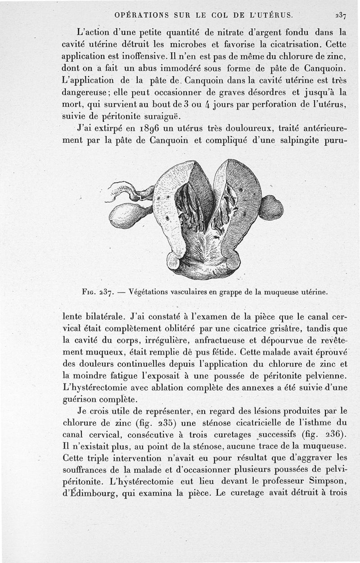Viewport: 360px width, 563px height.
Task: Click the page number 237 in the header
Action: (340, 15)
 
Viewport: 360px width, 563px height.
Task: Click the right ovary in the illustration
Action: (271, 208)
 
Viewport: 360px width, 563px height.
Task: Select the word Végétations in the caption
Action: (148, 291)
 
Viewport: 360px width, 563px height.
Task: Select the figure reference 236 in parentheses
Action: (337, 435)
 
